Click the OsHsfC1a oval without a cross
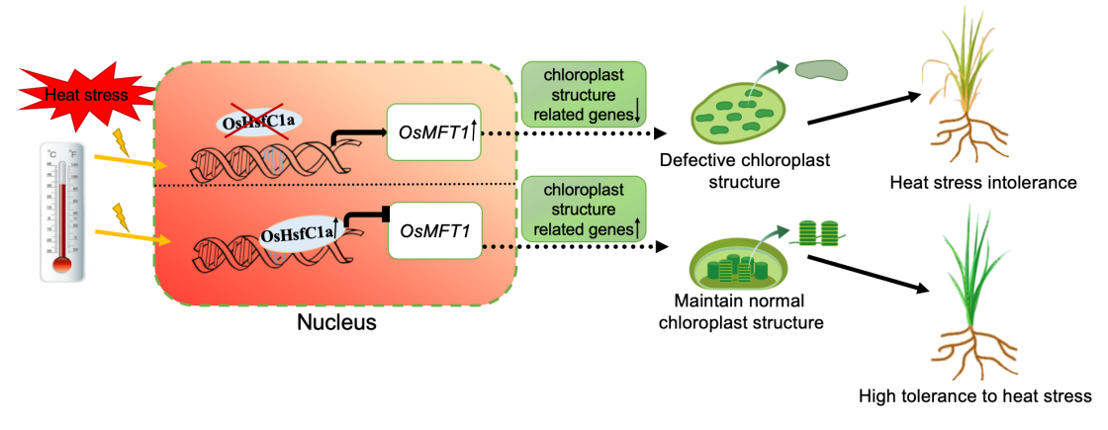click(296, 234)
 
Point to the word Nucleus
click(336, 322)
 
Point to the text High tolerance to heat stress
click(975, 395)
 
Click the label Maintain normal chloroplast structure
click(748, 310)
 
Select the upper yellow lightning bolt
click(123, 141)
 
